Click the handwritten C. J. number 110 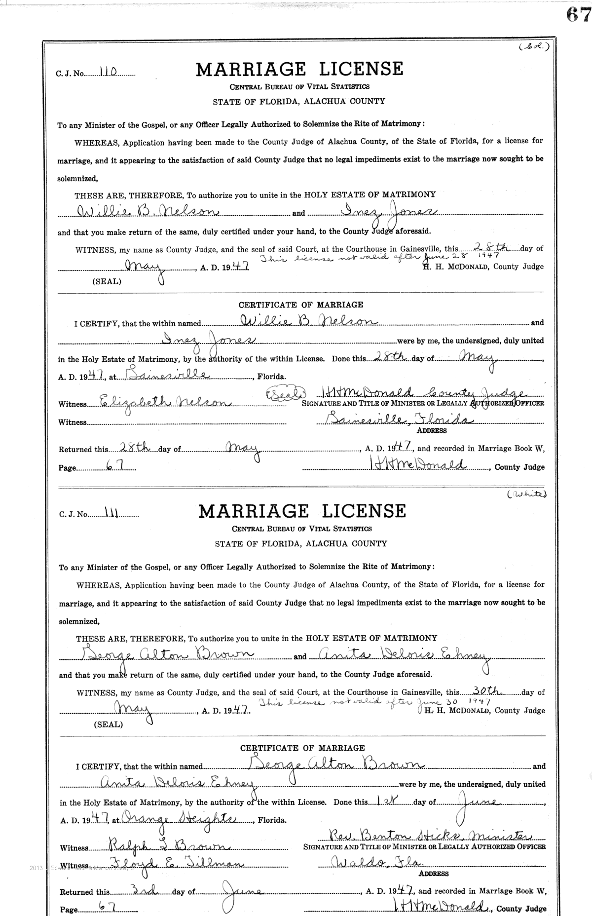107,72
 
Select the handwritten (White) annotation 527,494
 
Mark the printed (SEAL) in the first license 107,282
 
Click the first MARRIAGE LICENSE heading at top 299,69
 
